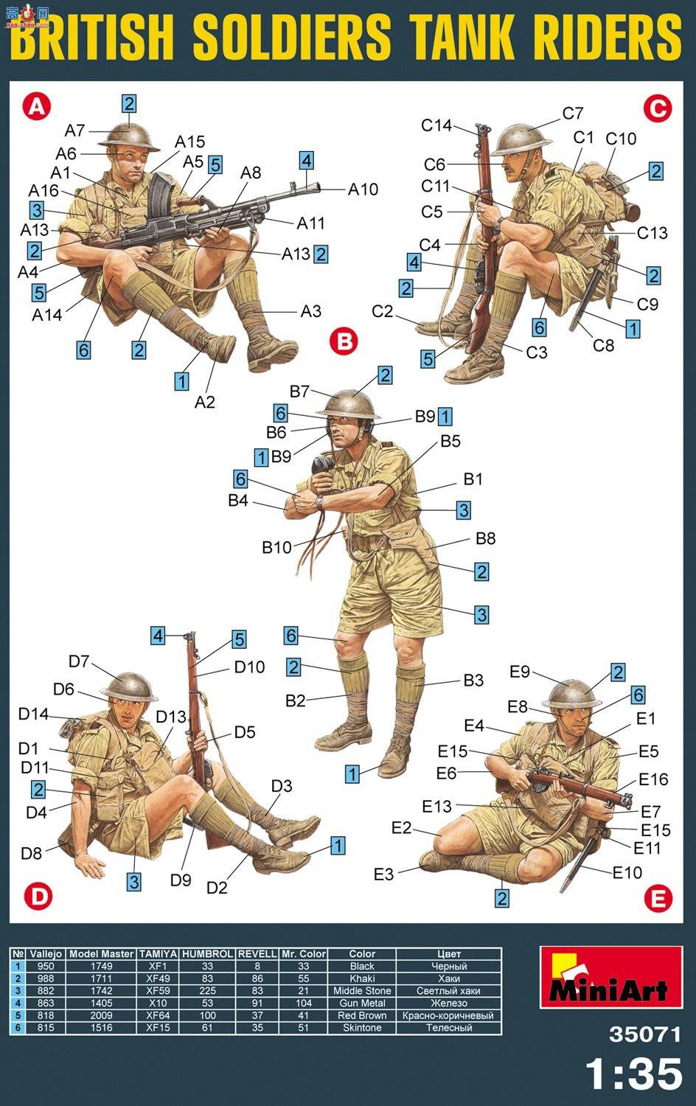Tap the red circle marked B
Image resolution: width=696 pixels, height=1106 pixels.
(x=344, y=341)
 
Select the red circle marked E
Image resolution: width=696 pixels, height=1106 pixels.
(x=658, y=897)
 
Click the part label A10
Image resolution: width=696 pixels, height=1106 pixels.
(x=363, y=189)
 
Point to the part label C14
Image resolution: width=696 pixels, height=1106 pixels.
(x=436, y=125)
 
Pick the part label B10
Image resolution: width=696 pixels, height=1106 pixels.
(x=277, y=547)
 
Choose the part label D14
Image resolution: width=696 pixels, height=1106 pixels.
(x=34, y=714)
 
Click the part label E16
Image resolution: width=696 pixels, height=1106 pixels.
(x=653, y=779)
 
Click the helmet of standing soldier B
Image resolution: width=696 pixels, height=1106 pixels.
(x=349, y=403)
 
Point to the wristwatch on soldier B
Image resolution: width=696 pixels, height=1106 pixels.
(x=320, y=503)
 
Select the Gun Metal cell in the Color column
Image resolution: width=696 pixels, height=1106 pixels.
(x=362, y=1003)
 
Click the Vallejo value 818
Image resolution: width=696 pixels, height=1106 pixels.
(x=46, y=1015)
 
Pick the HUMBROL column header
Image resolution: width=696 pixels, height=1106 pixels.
(x=207, y=954)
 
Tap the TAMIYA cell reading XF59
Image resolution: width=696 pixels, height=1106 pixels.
(x=158, y=990)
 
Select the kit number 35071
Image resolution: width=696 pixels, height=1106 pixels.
(x=644, y=1034)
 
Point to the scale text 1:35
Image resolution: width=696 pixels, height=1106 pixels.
(x=634, y=1074)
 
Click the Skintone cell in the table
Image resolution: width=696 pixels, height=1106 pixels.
(x=362, y=1028)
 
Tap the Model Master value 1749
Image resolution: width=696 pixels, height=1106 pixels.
(x=101, y=966)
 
